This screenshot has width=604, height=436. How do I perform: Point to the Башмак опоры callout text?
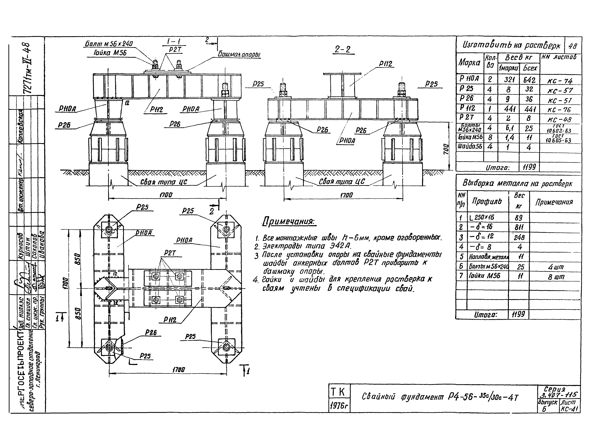pos(239,55)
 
